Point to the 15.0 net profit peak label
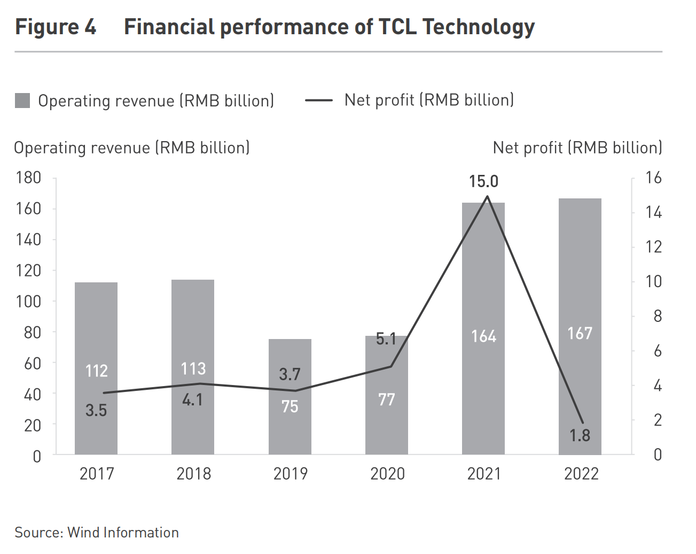pyautogui.click(x=483, y=182)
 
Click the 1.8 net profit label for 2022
pyautogui.click(x=580, y=436)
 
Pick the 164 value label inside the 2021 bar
pyautogui.click(x=483, y=336)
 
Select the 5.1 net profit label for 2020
pyautogui.click(x=386, y=338)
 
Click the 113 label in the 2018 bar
pyautogui.click(x=193, y=368)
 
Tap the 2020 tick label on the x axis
pyautogui.click(x=387, y=474)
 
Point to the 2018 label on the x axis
pyautogui.click(x=193, y=474)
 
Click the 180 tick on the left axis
pyautogui.click(x=29, y=178)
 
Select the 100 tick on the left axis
pyautogui.click(x=29, y=302)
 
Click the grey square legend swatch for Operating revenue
pyautogui.click(x=22, y=101)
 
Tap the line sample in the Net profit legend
pyautogui.click(x=319, y=100)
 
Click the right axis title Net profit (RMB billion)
pyautogui.click(x=577, y=148)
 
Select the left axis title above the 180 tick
pyautogui.click(x=132, y=148)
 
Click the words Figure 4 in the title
pyautogui.click(x=56, y=27)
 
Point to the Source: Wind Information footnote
pyautogui.click(x=97, y=533)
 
